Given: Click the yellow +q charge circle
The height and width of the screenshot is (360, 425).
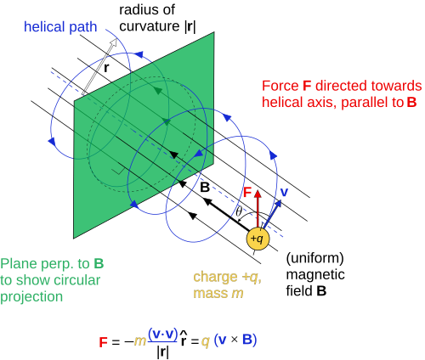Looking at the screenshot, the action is coord(258,239).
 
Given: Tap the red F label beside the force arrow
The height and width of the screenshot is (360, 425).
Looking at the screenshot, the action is coord(247,192).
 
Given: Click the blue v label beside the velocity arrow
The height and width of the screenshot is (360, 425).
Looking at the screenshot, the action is coord(284,193).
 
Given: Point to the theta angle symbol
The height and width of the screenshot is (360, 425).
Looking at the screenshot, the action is coord(239,211).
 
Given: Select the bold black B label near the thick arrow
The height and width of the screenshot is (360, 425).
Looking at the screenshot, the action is coord(205,188).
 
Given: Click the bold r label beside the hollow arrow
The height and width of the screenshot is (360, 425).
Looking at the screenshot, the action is coord(106,68).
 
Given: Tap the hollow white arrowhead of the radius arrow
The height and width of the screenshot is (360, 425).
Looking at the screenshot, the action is coord(114,42).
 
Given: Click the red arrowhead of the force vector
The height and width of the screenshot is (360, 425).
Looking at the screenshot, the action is coord(258,194).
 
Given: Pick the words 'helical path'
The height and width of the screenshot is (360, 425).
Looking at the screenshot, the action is coord(60,27).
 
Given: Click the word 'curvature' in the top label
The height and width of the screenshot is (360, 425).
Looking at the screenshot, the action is coord(150,26).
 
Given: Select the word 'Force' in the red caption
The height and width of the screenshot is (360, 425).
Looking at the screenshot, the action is coord(280,86).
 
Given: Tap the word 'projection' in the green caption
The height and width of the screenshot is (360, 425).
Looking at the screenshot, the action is coord(31,297).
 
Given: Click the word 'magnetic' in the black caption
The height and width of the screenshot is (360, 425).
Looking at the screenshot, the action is coord(315,275).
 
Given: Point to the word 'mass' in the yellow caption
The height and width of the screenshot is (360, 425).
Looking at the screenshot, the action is coord(210,294).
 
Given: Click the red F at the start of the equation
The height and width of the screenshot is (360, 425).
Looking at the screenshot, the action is coord(103,342).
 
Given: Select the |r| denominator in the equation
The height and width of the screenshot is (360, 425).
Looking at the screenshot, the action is coord(162,352).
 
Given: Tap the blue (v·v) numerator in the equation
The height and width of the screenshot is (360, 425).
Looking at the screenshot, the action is coord(162,335).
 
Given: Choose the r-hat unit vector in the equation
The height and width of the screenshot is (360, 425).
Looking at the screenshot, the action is coord(184,338).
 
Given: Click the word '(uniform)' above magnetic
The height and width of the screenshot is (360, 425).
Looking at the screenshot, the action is coord(314,258).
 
